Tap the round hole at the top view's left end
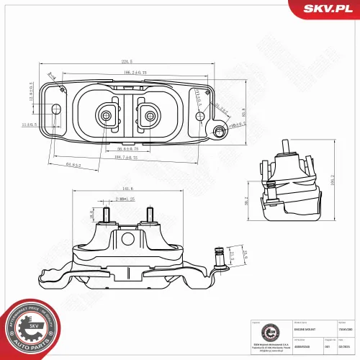point(56,109)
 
